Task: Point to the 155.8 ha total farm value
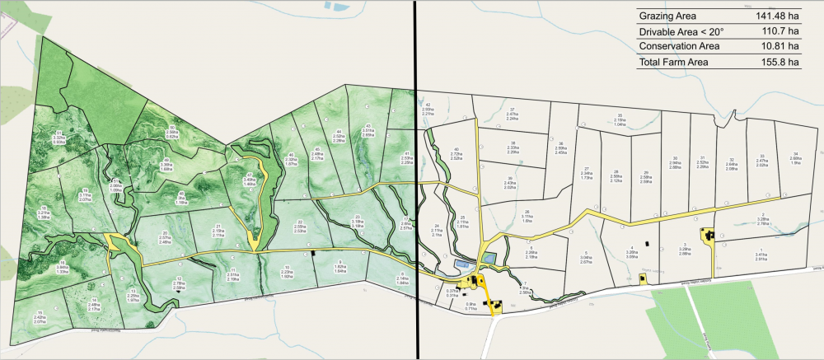point(780,61)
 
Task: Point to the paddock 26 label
point(526,217)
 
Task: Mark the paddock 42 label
point(428,108)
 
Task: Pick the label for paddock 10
point(287,272)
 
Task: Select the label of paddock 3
point(684,249)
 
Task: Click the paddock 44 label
point(338,136)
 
